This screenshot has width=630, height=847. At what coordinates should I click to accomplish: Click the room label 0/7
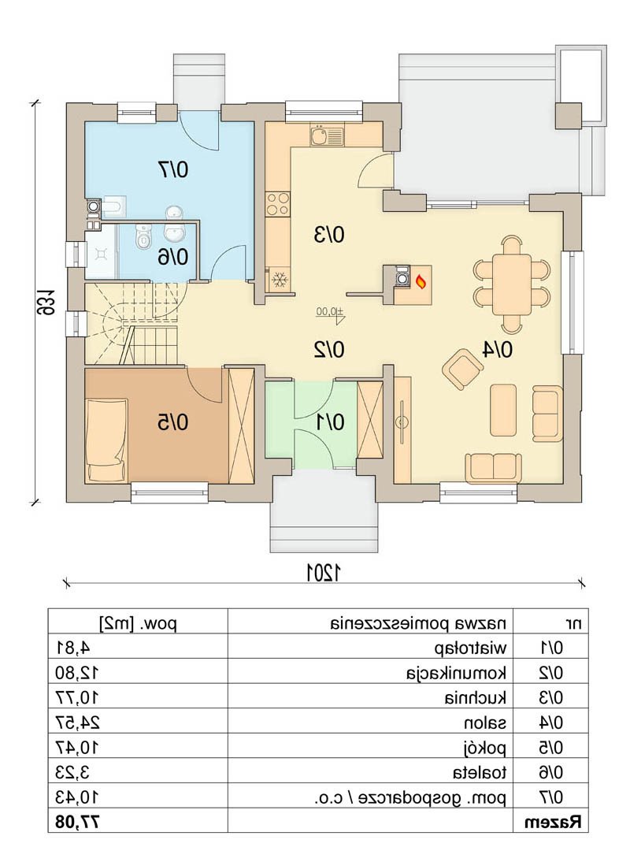point(172,169)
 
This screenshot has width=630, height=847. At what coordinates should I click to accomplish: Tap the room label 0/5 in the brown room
point(172,422)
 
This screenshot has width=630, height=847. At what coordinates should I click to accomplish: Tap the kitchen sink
point(326,135)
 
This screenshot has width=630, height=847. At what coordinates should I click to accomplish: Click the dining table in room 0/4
point(511,284)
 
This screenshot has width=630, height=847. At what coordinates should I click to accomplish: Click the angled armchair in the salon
point(462,369)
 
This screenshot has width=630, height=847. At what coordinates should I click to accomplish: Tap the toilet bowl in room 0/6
point(143,238)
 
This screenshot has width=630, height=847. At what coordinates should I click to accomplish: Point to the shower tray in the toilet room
point(102,251)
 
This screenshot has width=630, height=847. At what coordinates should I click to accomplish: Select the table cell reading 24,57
point(78,723)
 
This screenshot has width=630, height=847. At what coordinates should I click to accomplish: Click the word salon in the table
point(485,723)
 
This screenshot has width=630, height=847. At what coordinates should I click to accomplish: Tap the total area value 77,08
point(78,822)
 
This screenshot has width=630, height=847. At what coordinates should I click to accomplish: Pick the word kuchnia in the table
point(476,697)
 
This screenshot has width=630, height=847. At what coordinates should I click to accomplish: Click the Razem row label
point(554,822)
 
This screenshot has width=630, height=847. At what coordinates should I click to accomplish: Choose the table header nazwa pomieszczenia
point(418,624)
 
